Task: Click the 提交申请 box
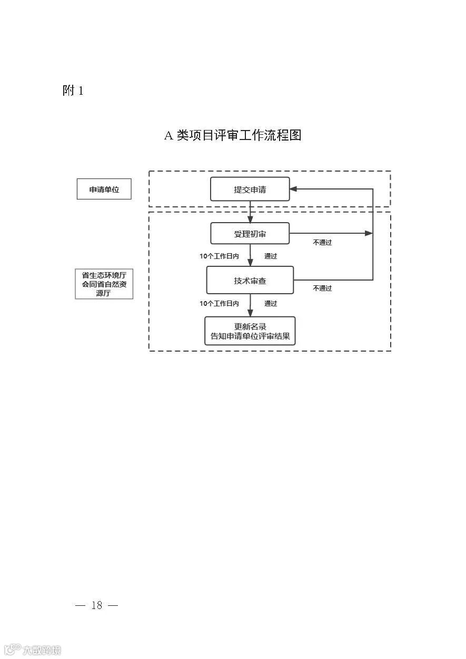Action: [250, 189]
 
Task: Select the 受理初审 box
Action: [250, 233]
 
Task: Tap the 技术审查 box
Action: [250, 280]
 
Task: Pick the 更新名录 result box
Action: [250, 331]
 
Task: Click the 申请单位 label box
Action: [104, 189]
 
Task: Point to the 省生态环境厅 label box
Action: [104, 284]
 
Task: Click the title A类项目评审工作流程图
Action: [233, 135]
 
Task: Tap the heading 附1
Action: [73, 91]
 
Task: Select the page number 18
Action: [97, 605]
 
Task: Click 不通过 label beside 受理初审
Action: [322, 243]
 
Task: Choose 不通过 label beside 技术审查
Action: [322, 288]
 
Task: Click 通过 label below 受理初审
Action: [271, 256]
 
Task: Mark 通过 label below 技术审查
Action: [271, 303]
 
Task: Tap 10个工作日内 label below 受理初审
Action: [219, 256]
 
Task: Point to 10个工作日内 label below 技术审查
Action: [219, 303]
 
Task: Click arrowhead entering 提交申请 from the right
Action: [294, 189]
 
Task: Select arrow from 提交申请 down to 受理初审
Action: [250, 212]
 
